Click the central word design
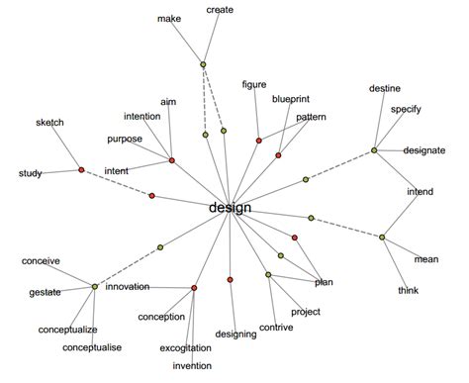(x=231, y=208)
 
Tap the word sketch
(x=49, y=122)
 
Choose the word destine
(x=384, y=89)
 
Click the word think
(x=409, y=290)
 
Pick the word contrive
(x=276, y=327)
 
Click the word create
(x=220, y=10)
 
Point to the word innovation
(x=128, y=286)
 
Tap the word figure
(x=254, y=85)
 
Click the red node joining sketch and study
(x=81, y=169)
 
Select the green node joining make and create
(x=203, y=65)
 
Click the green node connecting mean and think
(x=382, y=236)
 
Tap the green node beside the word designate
(x=374, y=150)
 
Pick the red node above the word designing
(x=230, y=281)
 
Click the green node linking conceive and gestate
(x=95, y=287)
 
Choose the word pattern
(x=311, y=117)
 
